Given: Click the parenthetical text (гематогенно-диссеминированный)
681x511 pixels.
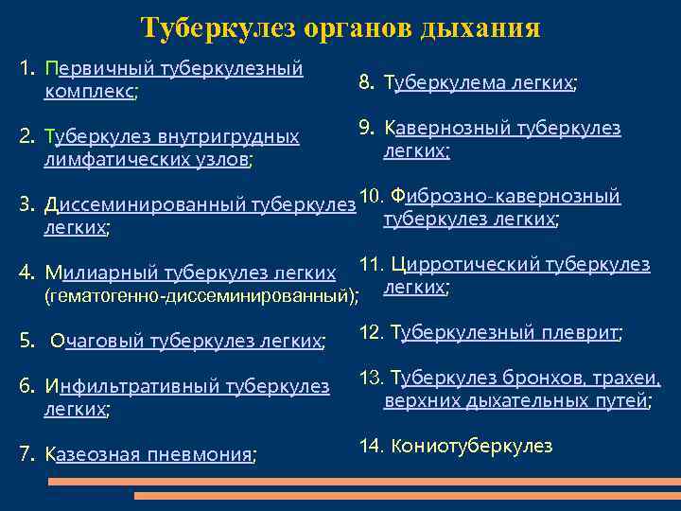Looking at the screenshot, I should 201,296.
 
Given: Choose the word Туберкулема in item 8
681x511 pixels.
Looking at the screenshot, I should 443,83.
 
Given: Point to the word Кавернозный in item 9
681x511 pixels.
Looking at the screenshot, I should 445,128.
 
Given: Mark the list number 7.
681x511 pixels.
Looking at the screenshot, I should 26,454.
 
